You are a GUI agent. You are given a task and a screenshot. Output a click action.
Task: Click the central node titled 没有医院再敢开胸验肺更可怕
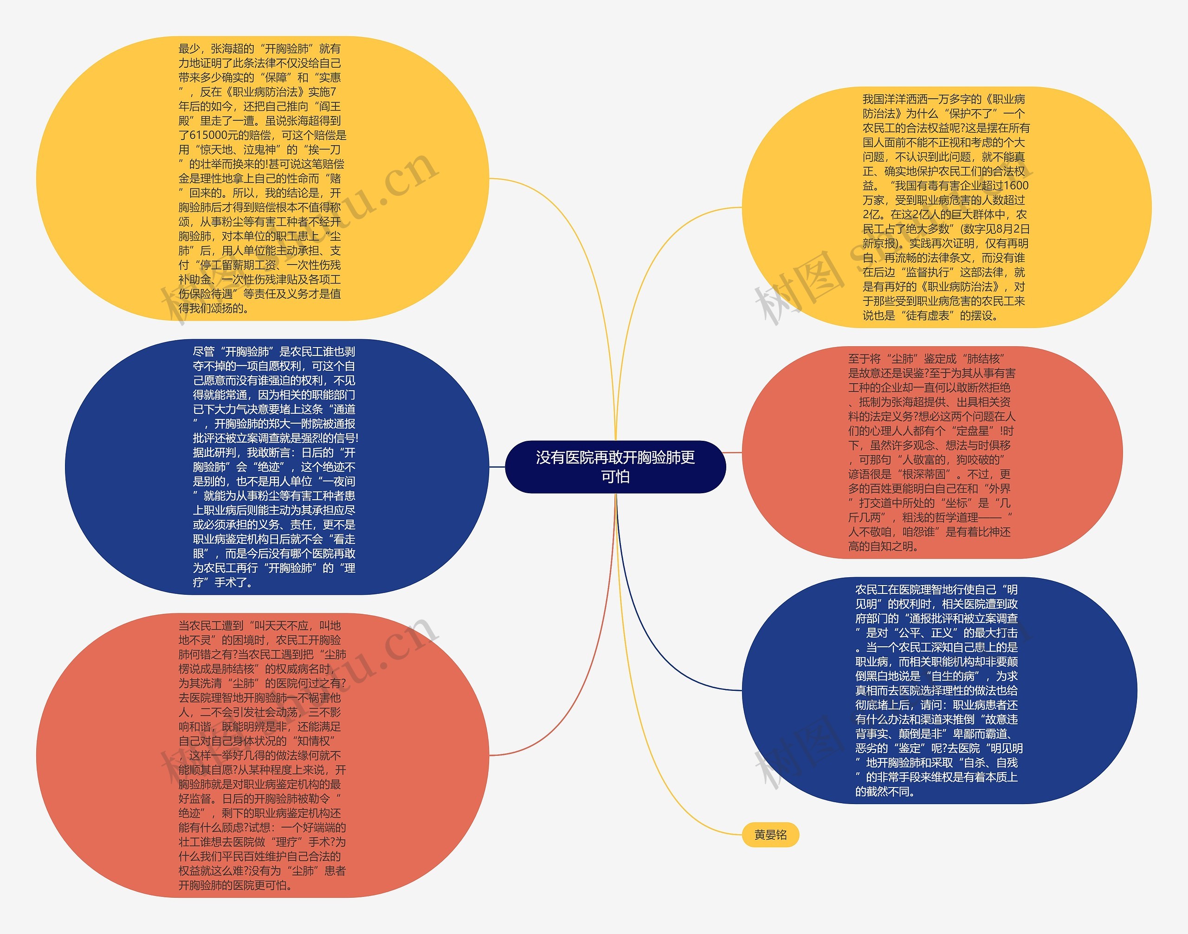[615, 466]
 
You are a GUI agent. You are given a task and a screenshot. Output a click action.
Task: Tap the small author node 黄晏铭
[770, 834]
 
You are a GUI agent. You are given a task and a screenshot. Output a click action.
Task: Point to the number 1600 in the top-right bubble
[1016, 186]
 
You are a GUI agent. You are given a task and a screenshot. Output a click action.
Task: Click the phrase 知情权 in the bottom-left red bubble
[314, 741]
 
